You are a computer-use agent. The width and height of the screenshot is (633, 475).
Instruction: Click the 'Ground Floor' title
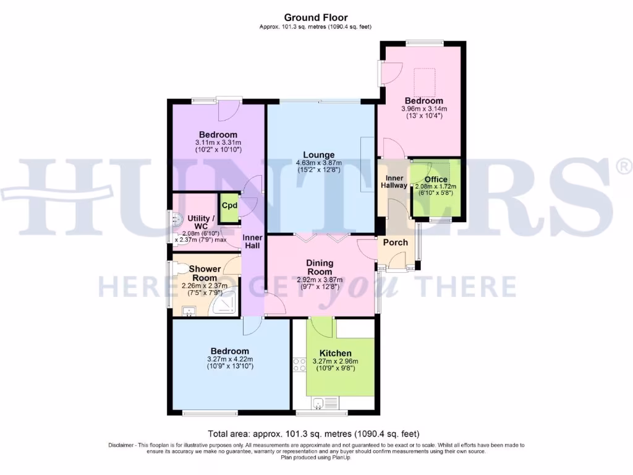pyautogui.click(x=315, y=17)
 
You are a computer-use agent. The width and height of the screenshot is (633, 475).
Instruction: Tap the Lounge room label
pyautogui.click(x=318, y=155)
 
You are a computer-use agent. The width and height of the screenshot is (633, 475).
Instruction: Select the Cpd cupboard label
pyautogui.click(x=229, y=206)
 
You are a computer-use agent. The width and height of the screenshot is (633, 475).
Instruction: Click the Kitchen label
pyautogui.click(x=336, y=353)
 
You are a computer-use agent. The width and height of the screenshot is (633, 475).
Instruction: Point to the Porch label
pyautogui.click(x=396, y=242)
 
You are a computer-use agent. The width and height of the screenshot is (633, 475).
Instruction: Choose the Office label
pyautogui.click(x=435, y=179)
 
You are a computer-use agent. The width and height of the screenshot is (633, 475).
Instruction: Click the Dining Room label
pyautogui.click(x=320, y=267)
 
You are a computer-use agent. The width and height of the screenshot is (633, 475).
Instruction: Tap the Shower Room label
pyautogui.click(x=205, y=273)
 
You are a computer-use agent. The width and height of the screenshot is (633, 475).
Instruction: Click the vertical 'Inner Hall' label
pyautogui.click(x=252, y=242)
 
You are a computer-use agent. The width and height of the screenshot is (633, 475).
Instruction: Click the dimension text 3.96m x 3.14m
pyautogui.click(x=424, y=109)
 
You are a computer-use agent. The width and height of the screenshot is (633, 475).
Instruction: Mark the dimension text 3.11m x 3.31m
pyautogui.click(x=218, y=143)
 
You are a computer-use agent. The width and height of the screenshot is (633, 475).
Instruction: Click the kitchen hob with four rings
pyautogui.click(x=300, y=365)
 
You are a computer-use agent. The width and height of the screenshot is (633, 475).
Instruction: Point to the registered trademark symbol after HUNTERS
pyautogui.click(x=624, y=166)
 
